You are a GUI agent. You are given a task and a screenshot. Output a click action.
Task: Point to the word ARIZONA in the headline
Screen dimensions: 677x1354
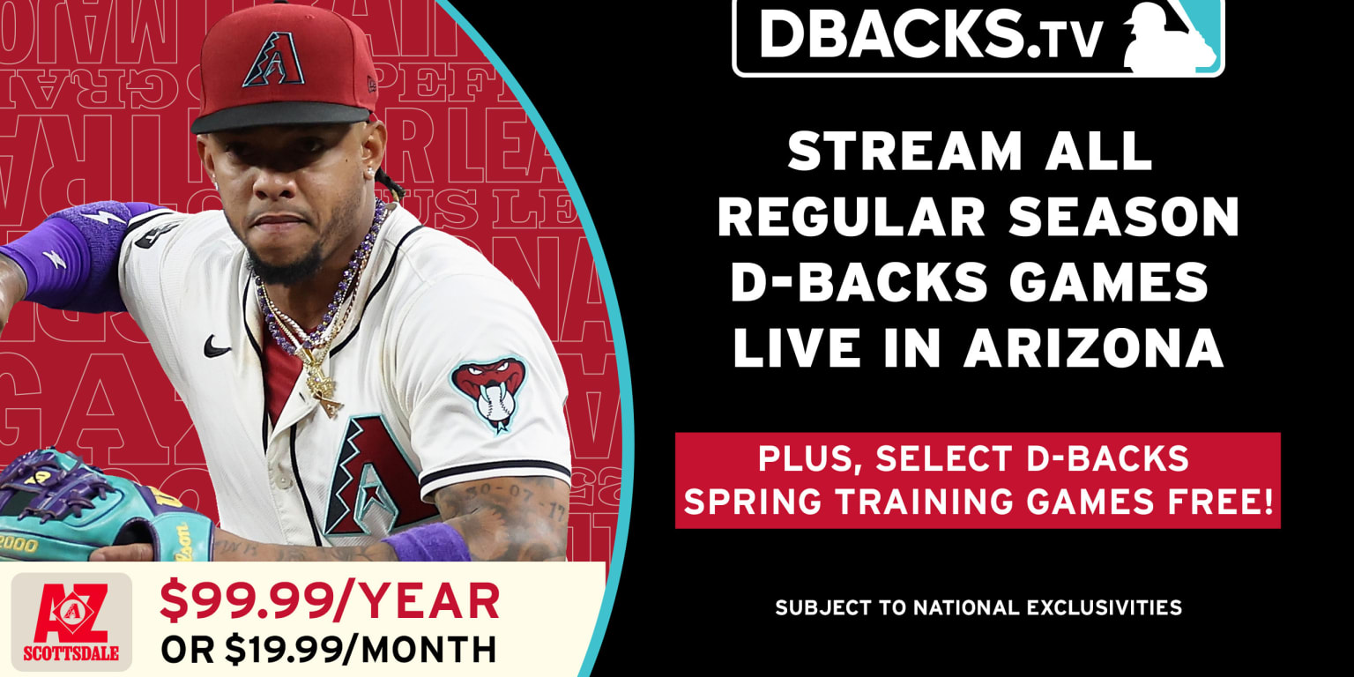tap(1093, 348)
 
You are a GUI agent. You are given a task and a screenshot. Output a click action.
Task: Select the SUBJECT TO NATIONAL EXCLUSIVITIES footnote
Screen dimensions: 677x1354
tap(978, 607)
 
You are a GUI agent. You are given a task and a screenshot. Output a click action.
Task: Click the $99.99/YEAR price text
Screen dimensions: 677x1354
tap(330, 602)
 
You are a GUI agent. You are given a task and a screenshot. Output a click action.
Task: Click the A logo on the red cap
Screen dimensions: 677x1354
tap(273, 60)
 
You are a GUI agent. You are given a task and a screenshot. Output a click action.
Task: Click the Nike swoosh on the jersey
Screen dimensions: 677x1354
tap(217, 346)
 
